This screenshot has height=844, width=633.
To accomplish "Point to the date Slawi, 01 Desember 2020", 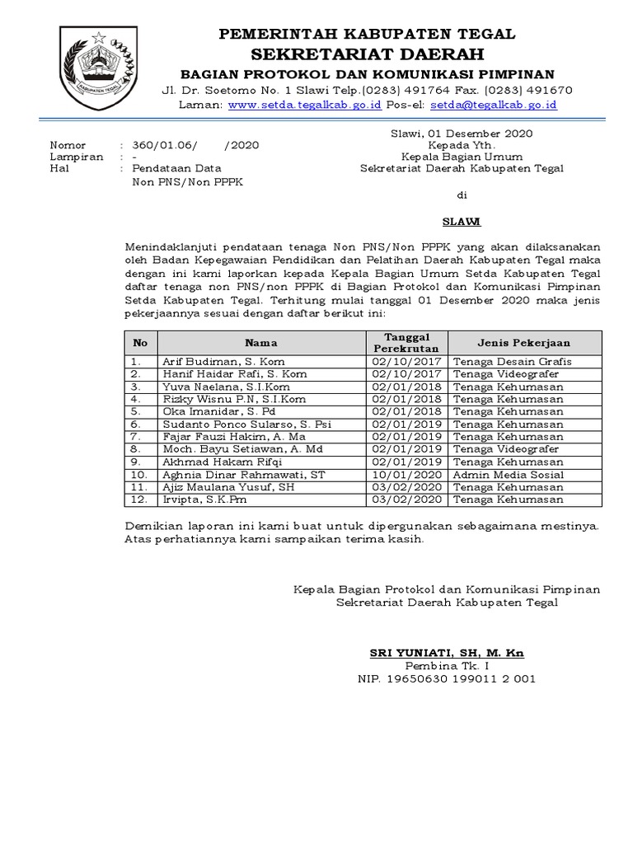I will point(461,134).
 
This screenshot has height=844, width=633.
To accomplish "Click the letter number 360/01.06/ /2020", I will point(196,145).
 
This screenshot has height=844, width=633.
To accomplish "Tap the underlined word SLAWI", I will point(461,222).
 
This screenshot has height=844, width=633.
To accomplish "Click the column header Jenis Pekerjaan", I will point(523,343).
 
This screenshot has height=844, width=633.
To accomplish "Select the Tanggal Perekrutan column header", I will point(407,343).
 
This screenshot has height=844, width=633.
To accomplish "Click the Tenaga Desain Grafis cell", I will point(512,361).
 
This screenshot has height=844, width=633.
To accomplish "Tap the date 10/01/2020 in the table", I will point(407,476).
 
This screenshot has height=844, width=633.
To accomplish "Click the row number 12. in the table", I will point(139,499).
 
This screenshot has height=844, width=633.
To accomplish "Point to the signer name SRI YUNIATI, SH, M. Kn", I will point(447,653).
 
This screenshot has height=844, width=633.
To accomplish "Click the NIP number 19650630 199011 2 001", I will point(447,679).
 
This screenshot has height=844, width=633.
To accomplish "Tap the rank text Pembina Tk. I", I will point(447,666).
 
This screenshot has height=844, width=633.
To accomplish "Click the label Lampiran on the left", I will point(77,157).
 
